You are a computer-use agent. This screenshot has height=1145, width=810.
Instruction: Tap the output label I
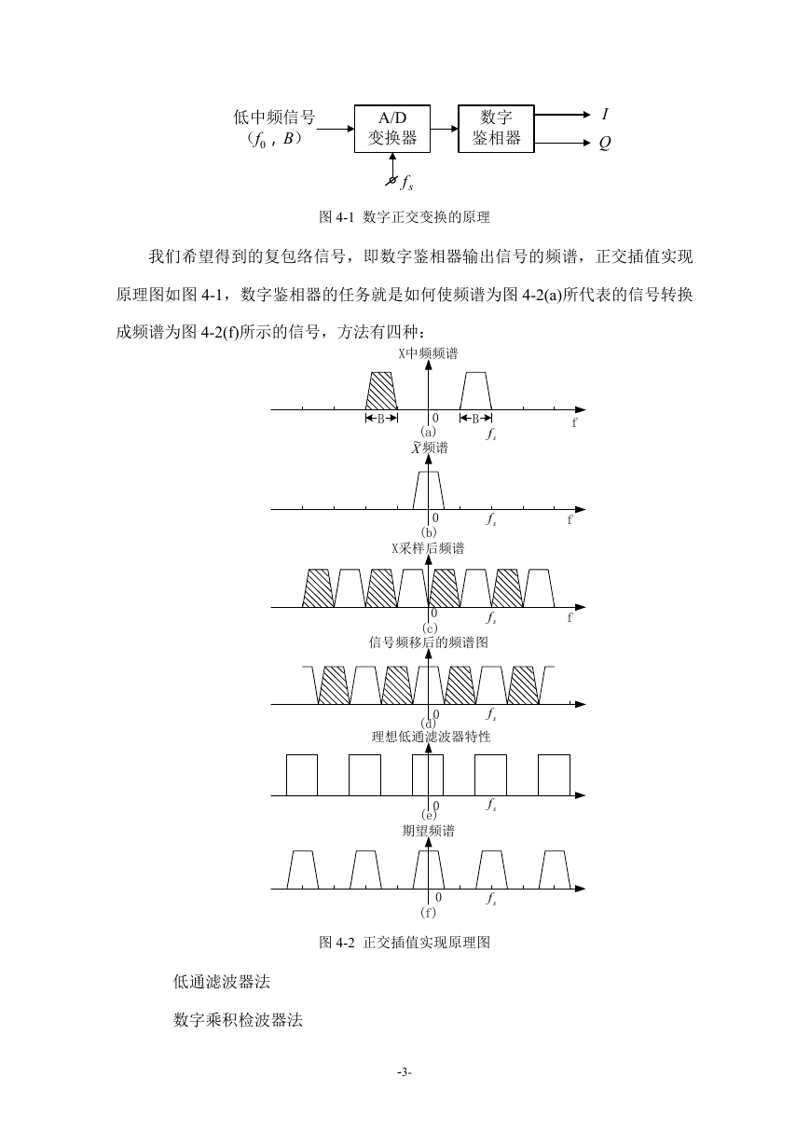click(605, 114)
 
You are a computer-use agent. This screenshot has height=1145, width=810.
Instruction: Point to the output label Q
click(605, 143)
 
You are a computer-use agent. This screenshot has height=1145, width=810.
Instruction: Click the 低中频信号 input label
click(274, 117)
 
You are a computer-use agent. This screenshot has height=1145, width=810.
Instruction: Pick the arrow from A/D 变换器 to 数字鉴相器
click(444, 129)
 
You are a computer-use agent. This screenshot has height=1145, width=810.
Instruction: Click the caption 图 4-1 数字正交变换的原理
click(405, 216)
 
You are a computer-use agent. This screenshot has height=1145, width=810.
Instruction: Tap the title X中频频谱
click(428, 353)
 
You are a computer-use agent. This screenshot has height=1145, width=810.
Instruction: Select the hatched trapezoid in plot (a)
click(381, 391)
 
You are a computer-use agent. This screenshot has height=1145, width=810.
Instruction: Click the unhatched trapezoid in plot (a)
click(475, 391)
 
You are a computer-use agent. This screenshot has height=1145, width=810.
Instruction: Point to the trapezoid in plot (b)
click(428, 490)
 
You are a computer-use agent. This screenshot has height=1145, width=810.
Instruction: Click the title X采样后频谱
click(428, 548)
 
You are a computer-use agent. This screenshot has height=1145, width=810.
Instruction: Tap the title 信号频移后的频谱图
click(428, 642)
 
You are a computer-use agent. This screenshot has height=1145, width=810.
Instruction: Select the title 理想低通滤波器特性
click(431, 737)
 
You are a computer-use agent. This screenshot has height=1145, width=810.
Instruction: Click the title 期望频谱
click(428, 831)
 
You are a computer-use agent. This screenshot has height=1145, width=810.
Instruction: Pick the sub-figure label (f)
click(428, 913)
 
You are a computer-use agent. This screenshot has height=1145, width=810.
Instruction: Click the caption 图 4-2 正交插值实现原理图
click(405, 942)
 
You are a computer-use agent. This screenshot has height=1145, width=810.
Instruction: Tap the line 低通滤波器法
click(221, 982)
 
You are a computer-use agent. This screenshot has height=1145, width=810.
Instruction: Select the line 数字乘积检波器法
click(238, 1020)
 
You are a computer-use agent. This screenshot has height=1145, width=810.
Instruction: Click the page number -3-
click(405, 1072)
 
